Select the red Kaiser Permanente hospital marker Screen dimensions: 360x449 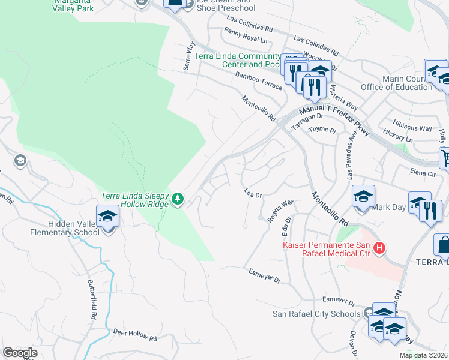click(x=379, y=248)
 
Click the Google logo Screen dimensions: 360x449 click(x=20, y=353)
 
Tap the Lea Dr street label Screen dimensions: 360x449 click(x=254, y=194)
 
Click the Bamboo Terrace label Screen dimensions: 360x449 click(x=259, y=81)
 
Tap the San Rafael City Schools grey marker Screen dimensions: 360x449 click(x=368, y=313)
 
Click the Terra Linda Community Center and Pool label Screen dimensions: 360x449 click(x=237, y=60)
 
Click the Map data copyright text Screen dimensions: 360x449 click(x=423, y=355)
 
